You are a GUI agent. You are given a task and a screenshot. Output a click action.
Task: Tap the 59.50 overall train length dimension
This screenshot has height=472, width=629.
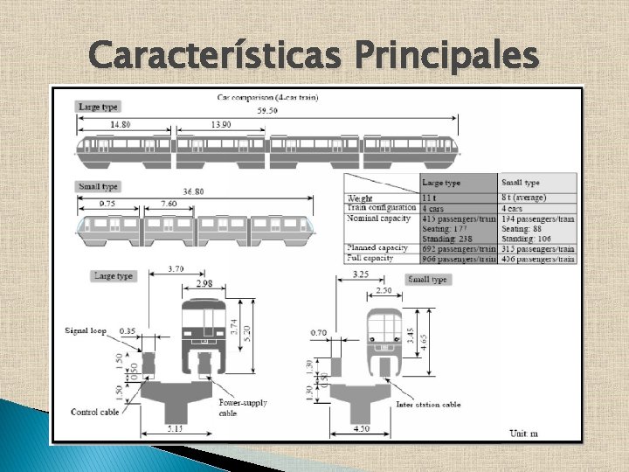click(267, 112)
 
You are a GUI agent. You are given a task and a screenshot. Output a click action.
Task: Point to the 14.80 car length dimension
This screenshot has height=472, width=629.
click(120, 125)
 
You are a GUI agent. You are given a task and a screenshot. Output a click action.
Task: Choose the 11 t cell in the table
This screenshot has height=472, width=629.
click(430, 199)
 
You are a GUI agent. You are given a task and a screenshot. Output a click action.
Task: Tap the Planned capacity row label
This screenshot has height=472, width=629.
click(381, 248)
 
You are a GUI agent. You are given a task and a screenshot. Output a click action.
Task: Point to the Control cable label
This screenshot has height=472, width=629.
click(95, 412)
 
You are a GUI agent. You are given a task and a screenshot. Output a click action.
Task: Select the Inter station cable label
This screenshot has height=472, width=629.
click(428, 405)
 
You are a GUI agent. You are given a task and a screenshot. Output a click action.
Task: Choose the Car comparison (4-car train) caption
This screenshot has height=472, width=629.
click(268, 97)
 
